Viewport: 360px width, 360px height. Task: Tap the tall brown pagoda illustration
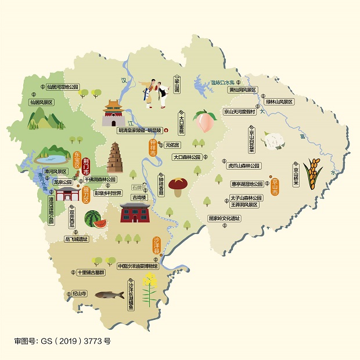pyautogui.click(x=115, y=158)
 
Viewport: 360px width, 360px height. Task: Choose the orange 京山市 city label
pyautogui.click(x=273, y=186)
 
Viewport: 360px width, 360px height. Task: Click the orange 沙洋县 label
pyautogui.click(x=156, y=247)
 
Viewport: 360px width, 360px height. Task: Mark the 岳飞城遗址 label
pyautogui.click(x=76, y=239)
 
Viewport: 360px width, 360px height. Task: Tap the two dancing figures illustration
pyautogui.click(x=153, y=91)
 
